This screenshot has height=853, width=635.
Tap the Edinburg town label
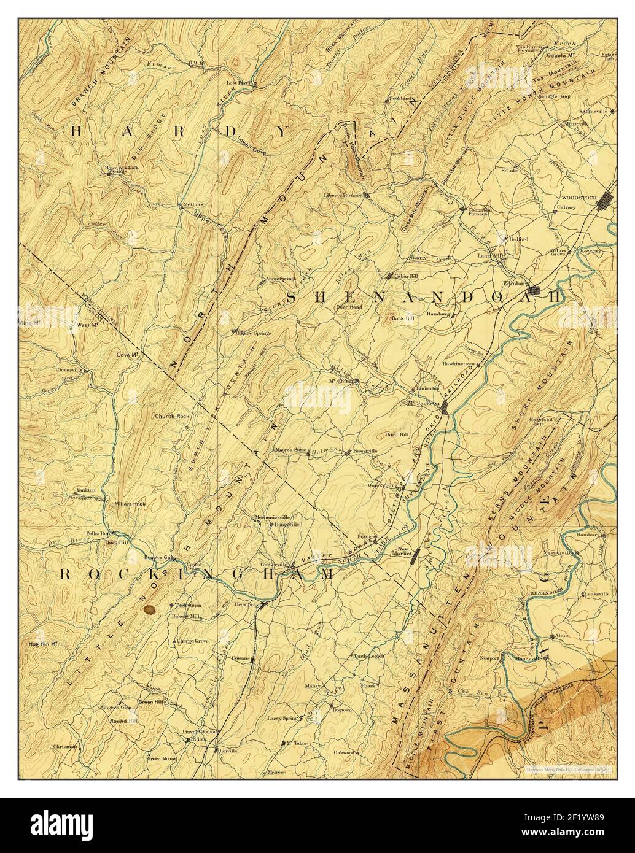point(515,283)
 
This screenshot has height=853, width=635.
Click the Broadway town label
point(246,604)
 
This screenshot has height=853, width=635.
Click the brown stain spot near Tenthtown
point(149,609)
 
